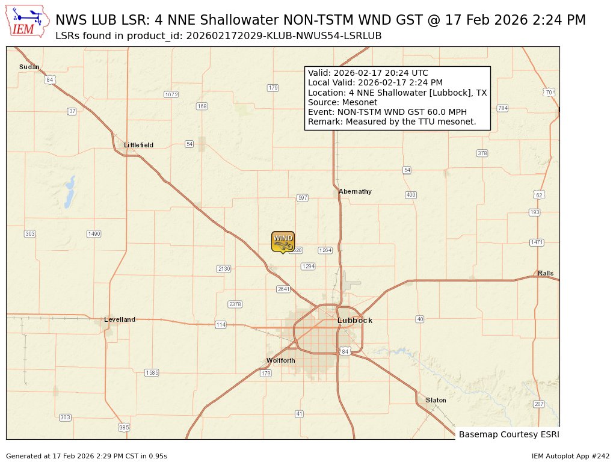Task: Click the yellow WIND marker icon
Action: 283,241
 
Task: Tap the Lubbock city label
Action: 355,321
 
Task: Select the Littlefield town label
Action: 138,145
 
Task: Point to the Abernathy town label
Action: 355,191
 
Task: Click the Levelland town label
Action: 120,319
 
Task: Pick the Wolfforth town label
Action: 281,360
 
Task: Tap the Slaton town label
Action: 436,400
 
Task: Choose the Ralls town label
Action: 546,273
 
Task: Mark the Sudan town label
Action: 29,67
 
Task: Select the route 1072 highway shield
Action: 171,94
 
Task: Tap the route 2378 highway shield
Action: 235,304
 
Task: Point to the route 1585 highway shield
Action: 152,373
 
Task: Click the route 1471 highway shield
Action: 537,242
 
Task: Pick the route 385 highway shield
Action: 123,428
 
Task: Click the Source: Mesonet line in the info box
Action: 334,102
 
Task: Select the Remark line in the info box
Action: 392,122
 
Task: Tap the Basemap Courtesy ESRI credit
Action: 508,434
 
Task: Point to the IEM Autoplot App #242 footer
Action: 570,456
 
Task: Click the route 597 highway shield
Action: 303,198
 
